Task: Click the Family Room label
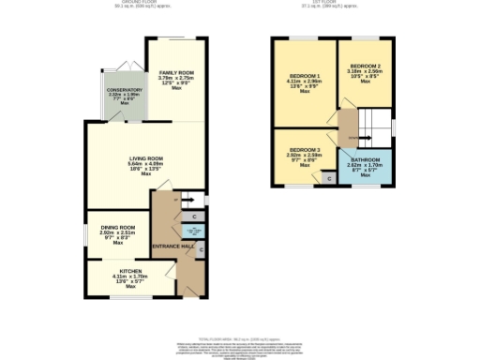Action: coord(176,72)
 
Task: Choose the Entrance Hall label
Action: coord(173,246)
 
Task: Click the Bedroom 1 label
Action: coord(305,75)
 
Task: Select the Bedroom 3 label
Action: coord(305,150)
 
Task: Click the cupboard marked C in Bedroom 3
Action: coord(327,177)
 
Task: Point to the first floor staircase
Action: coord(378,122)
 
